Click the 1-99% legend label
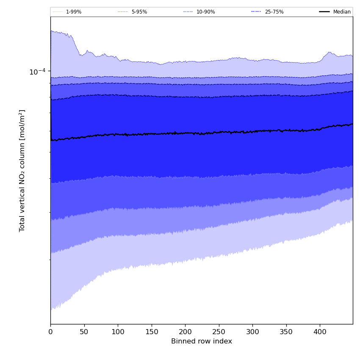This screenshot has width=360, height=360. [73, 12]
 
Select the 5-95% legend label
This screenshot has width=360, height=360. [139, 12]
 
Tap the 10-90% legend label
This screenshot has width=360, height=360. [205, 12]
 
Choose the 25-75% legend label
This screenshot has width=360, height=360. [274, 12]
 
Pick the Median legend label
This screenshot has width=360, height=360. [342, 12]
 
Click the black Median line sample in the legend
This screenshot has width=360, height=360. [325, 12]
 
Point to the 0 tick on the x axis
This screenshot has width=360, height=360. [50, 332]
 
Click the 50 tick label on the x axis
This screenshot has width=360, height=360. [84, 332]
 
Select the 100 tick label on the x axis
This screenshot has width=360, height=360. [118, 332]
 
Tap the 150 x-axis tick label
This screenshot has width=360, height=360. [151, 332]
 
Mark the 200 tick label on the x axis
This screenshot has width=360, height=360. [185, 332]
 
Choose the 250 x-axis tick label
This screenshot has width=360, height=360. [219, 332]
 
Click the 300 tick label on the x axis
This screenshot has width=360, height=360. [252, 332]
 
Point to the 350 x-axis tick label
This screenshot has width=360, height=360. [286, 332]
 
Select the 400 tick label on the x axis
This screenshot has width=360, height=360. [320, 332]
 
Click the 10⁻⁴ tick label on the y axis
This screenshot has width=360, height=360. [37, 72]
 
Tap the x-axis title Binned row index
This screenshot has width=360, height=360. [202, 341]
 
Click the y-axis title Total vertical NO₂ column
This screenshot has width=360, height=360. [22, 170]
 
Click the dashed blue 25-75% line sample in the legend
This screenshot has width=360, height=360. [256, 12]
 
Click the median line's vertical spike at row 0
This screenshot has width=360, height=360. [51, 114]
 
